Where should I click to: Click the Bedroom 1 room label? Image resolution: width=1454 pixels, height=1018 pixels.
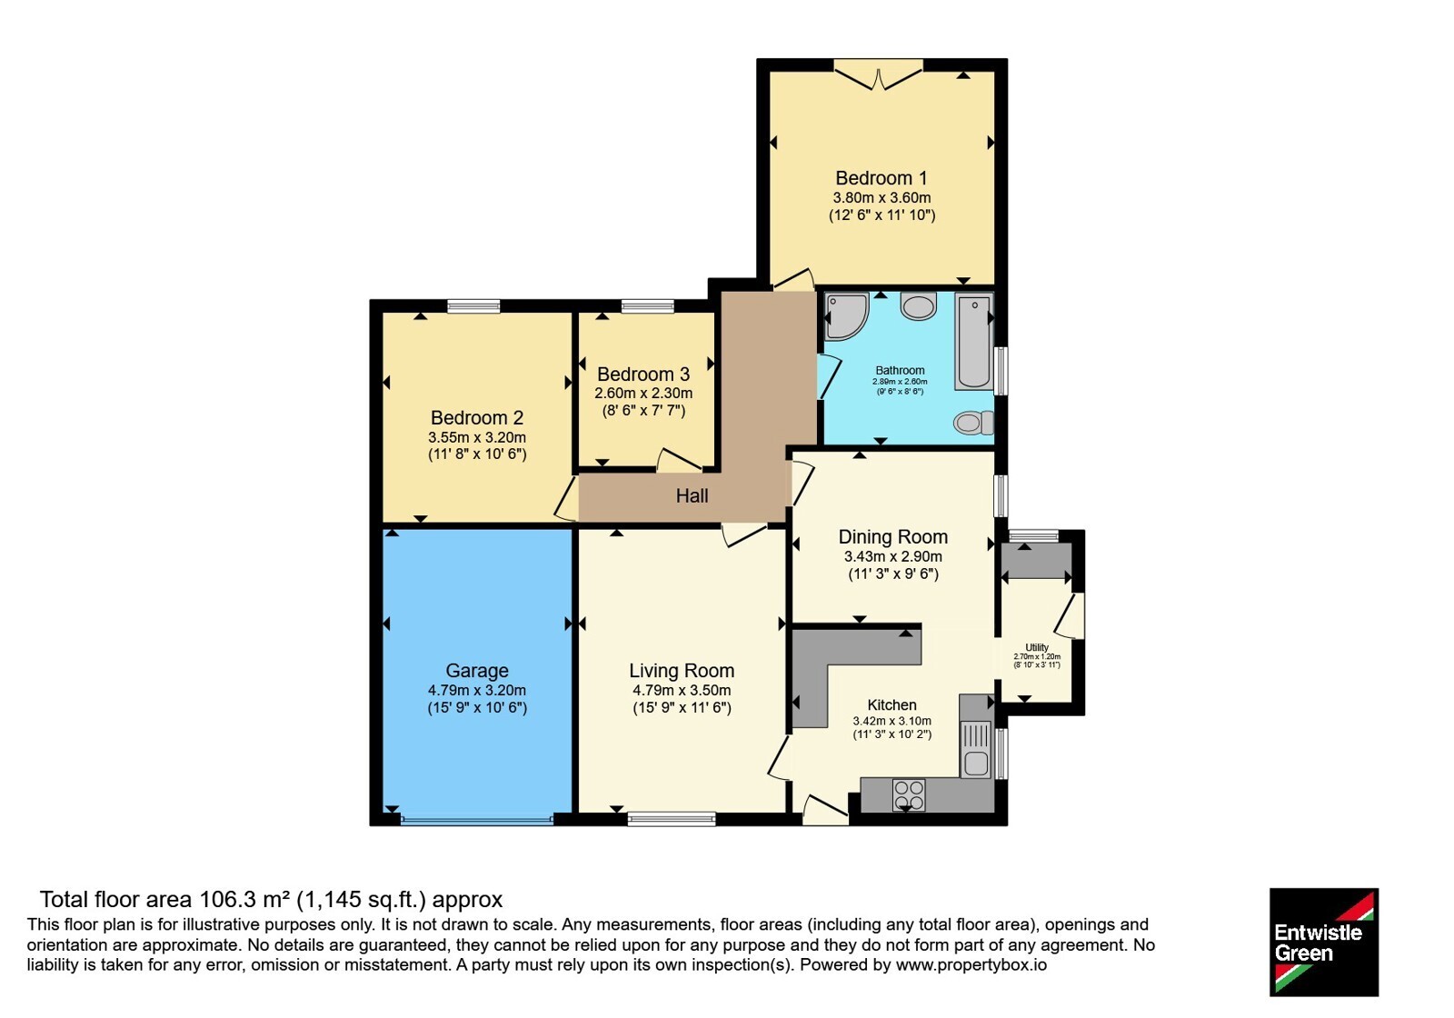(881, 178)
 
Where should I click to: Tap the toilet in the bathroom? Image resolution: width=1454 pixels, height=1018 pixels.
(973, 423)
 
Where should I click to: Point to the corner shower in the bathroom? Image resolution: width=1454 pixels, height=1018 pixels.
(846, 316)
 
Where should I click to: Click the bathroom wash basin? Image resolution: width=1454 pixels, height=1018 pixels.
(919, 306)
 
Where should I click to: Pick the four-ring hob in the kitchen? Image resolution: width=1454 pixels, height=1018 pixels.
(909, 794)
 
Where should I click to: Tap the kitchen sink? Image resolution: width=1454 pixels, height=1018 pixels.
(976, 749)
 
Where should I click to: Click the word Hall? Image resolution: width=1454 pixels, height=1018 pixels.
(692, 496)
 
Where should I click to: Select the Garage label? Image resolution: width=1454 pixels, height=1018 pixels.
(477, 671)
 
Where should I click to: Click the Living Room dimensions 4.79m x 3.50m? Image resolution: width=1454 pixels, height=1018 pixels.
(682, 691)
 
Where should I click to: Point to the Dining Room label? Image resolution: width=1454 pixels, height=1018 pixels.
(893, 537)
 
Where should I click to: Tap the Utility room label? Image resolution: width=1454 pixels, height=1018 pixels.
(1037, 647)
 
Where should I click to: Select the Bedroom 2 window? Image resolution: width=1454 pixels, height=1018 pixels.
(473, 305)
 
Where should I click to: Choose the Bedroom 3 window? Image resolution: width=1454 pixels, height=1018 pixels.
(647, 305)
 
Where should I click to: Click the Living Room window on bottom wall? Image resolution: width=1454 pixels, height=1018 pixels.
(672, 819)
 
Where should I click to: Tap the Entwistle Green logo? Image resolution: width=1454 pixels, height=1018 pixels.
(1324, 942)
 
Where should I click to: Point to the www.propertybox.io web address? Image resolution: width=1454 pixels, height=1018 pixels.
(971, 964)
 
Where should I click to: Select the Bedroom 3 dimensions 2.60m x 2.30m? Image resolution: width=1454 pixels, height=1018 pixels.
(643, 394)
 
